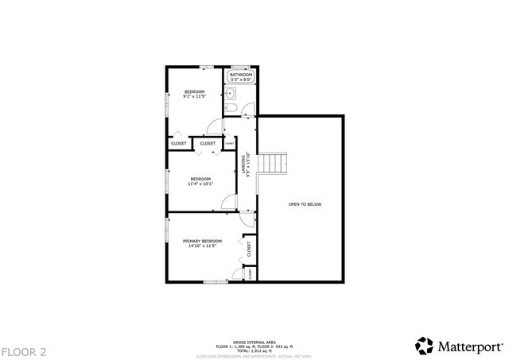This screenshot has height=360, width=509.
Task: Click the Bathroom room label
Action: click(x=241, y=75)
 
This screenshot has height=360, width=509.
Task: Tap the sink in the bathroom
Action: click(x=228, y=92)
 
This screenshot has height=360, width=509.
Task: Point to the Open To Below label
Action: click(x=305, y=204)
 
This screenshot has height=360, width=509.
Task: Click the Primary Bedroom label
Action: click(x=202, y=241)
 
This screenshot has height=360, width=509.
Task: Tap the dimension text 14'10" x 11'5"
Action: click(x=202, y=246)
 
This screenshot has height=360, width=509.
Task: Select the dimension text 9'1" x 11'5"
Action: click(x=195, y=97)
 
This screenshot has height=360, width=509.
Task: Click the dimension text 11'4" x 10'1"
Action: click(x=200, y=184)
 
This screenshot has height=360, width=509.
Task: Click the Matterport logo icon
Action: click(x=424, y=346)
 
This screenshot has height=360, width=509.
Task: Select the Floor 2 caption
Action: click(x=24, y=350)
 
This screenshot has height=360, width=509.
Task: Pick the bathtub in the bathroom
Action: click(x=241, y=76)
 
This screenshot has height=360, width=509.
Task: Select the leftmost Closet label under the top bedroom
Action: click(x=179, y=143)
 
